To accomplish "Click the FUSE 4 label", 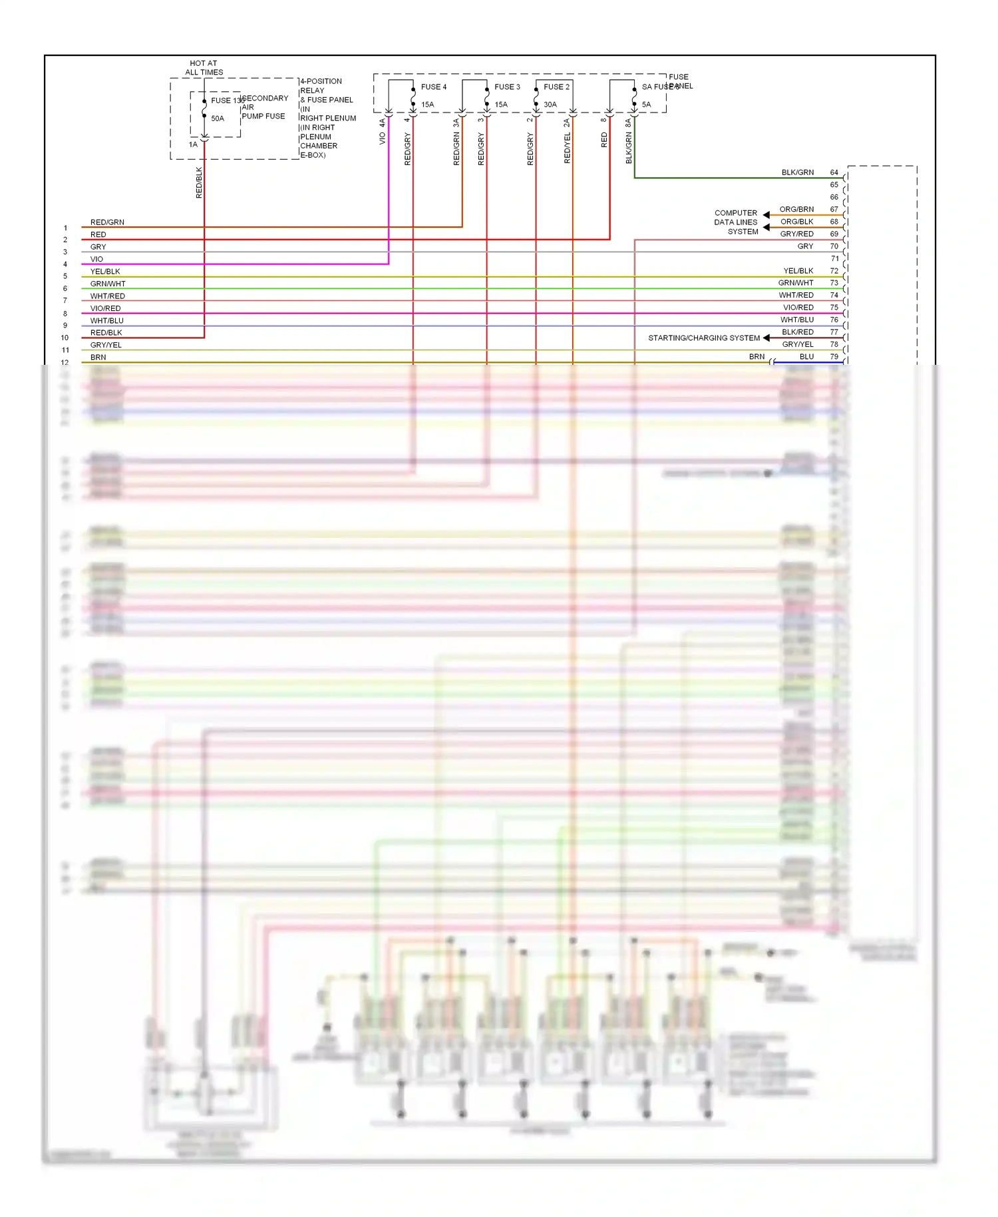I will tap(433, 87).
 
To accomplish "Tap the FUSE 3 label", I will tap(507, 87).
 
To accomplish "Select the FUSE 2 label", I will tap(556, 87).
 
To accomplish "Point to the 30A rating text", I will tap(550, 105).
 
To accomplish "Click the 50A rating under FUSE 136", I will tap(218, 119).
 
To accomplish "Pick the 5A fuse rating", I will tap(646, 105).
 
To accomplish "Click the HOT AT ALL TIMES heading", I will tap(204, 68).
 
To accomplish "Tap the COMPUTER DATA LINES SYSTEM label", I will tap(736, 222).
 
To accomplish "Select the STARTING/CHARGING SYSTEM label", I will tap(703, 338).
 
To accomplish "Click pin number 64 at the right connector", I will tap(834, 172).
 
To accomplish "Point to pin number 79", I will tap(834, 357).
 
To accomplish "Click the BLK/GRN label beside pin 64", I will tap(797, 172).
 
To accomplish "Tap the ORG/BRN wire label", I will tap(796, 209).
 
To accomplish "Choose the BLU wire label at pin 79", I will tap(806, 357).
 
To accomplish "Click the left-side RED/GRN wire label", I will tap(107, 222).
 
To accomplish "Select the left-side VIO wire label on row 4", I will tap(97, 259).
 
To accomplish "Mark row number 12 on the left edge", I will tap(65, 363).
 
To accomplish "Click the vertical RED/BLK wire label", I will tap(199, 182).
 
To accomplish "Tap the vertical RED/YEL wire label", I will tap(568, 148).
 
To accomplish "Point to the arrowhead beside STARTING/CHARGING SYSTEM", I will tap(766, 338).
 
